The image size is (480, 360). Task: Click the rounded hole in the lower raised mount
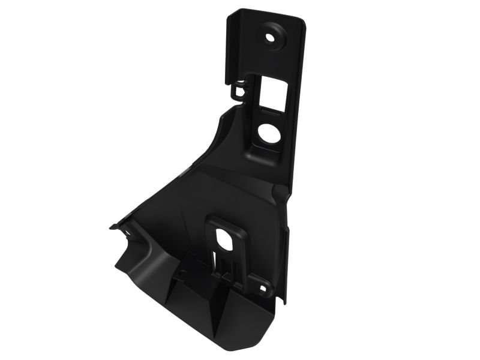(227, 238)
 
